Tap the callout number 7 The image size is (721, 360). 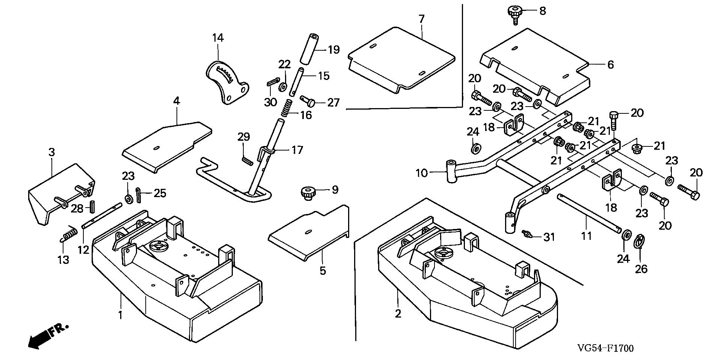pyautogui.click(x=421, y=19)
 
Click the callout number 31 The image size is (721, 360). pyautogui.click(x=549, y=237)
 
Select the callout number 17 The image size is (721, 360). pyautogui.click(x=297, y=150)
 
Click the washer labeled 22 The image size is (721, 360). pyautogui.click(x=281, y=88)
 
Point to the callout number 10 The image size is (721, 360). pyautogui.click(x=422, y=173)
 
